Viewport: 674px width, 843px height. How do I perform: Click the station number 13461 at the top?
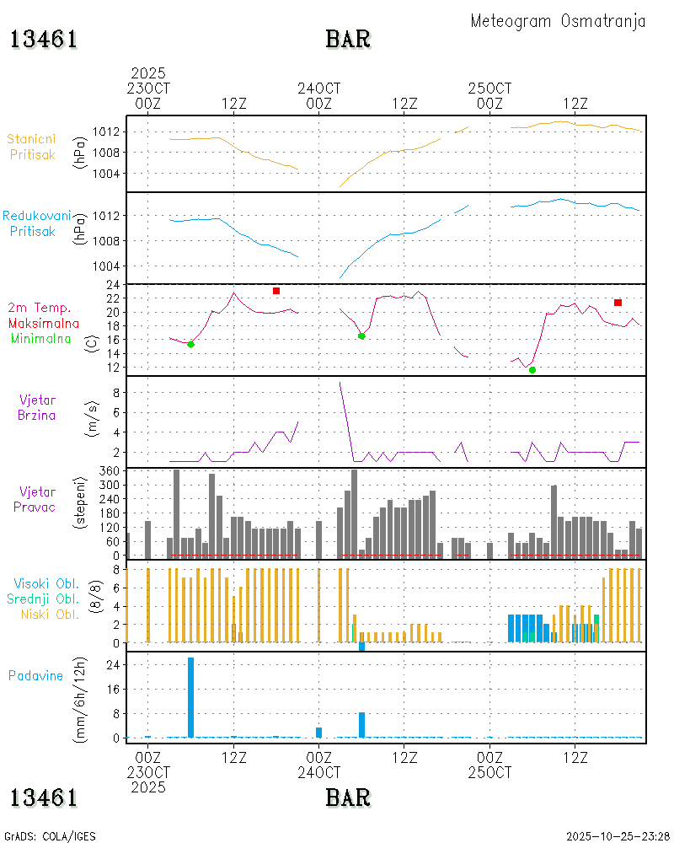click(44, 40)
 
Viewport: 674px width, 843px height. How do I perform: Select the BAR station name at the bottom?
click(348, 797)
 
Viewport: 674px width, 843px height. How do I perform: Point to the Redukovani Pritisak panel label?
click(35, 223)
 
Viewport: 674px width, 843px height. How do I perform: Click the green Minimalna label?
click(41, 338)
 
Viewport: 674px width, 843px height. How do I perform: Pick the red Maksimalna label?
click(44, 323)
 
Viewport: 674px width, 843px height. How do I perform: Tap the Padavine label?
click(35, 675)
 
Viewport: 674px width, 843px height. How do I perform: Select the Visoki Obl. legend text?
click(46, 583)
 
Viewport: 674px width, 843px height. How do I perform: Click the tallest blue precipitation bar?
click(191, 696)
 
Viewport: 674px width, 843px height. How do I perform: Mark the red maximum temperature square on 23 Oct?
click(276, 291)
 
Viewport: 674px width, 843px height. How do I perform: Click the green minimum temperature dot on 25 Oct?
click(532, 369)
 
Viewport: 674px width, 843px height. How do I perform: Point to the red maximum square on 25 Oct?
click(618, 303)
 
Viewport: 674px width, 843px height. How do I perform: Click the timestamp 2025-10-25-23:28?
click(616, 836)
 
